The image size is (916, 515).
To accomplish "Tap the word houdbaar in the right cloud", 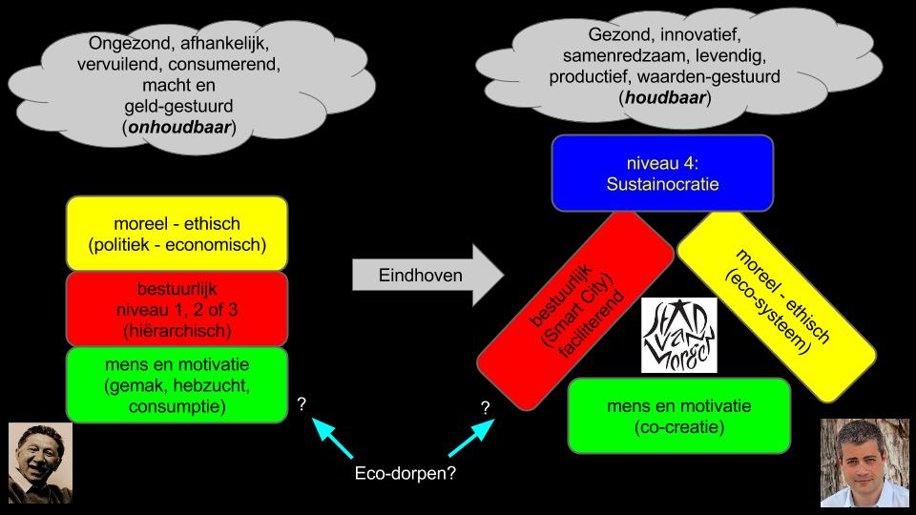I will [665, 97].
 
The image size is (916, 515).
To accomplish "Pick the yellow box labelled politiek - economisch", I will [177, 234].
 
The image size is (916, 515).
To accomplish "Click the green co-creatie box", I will [678, 415].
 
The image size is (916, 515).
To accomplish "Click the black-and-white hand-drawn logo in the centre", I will [678, 335].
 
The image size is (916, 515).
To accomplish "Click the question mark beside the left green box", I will [302, 404].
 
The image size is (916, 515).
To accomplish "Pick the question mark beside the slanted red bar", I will [486, 407].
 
